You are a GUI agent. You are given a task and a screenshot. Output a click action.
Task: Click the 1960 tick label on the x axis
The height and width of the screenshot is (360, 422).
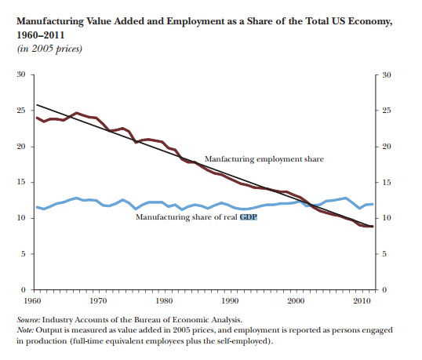tap(33, 300)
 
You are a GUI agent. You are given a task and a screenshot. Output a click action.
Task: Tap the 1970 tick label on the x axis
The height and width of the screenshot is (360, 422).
tap(99, 300)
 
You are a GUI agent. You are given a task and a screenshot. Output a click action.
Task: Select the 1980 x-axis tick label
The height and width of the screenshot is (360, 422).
tap(165, 300)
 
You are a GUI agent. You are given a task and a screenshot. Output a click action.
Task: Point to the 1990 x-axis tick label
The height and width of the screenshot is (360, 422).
tap(230, 300)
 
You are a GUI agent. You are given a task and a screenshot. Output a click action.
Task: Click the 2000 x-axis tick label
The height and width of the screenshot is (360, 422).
tap(296, 300)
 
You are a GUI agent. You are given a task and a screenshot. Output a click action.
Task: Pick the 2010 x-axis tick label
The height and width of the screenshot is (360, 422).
tap(361, 300)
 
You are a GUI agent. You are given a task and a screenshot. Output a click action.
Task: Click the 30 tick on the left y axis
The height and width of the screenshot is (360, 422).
tap(22, 75)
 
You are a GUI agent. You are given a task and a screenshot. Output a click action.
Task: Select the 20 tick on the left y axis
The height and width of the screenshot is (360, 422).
tap(22, 147)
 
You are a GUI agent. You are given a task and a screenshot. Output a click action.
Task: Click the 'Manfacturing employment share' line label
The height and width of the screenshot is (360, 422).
tap(264, 159)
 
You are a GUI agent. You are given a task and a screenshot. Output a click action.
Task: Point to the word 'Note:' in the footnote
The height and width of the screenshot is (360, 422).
tap(26, 332)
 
